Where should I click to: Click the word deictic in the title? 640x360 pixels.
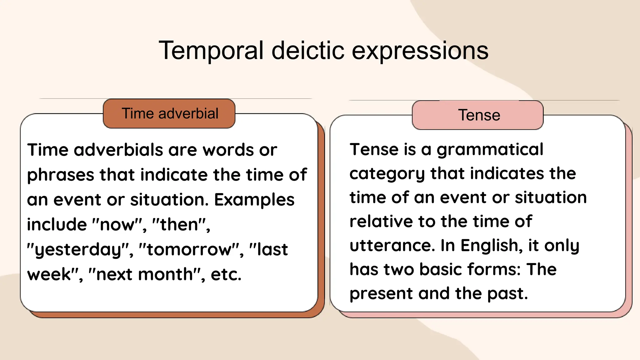coord(308,51)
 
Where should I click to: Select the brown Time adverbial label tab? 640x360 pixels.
coord(169,113)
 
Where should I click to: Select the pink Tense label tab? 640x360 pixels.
coord(478,115)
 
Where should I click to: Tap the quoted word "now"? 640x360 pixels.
coord(117,224)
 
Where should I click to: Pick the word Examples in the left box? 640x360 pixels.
coord(254,200)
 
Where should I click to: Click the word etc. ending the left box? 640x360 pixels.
coord(226,274)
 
